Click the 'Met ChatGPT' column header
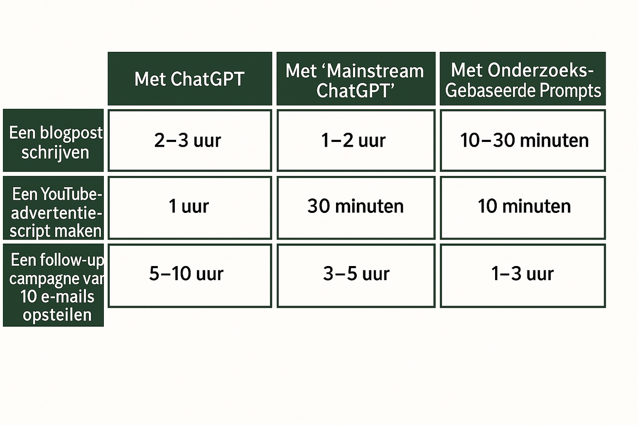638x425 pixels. point(190,79)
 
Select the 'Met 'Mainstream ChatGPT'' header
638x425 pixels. point(356,79)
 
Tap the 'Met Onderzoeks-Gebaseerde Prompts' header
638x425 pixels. point(523,79)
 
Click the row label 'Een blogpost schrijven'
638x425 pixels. point(53,140)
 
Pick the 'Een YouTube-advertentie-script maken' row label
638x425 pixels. point(53,208)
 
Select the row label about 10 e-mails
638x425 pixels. point(53,285)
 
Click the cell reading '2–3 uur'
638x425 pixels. point(190,140)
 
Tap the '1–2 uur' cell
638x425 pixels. point(356,140)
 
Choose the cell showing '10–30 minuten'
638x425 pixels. point(523,140)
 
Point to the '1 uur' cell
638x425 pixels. point(190,208)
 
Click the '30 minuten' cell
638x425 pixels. point(356,208)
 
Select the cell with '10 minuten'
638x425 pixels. point(523,208)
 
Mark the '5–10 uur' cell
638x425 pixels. point(190,275)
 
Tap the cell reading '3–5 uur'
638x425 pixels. point(356,275)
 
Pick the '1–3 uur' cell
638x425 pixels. point(523,275)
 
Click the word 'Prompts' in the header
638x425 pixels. point(570,91)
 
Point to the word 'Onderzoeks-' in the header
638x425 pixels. point(541,70)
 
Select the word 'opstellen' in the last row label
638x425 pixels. point(57,315)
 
